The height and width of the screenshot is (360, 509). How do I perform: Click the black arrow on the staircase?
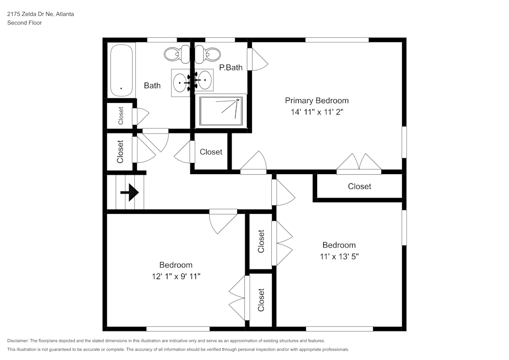point(130,193)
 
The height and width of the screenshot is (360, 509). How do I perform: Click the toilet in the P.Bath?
point(208,52)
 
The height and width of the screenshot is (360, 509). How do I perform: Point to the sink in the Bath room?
point(180,81)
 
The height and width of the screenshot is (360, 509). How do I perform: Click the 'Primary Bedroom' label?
point(317,100)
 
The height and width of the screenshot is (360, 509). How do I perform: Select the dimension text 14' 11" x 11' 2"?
point(317,112)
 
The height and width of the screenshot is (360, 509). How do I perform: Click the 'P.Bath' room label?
point(231,67)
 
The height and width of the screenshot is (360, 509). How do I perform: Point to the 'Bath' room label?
point(152,86)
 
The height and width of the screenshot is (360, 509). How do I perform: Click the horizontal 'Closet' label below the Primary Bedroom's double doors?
point(359,186)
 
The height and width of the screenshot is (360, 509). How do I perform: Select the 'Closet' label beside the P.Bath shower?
point(211,152)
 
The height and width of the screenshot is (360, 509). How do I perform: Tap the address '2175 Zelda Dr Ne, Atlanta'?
point(40,14)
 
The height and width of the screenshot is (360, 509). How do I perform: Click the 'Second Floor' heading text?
point(24,23)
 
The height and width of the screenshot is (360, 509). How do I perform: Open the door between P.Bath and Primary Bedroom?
point(257,60)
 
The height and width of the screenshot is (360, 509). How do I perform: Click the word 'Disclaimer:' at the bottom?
point(18,341)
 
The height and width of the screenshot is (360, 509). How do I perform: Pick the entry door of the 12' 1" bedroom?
point(222,221)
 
